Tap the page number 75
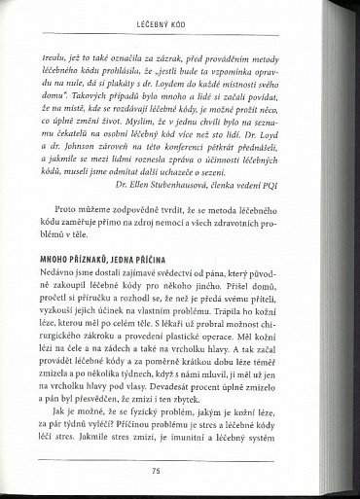(182, 471)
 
